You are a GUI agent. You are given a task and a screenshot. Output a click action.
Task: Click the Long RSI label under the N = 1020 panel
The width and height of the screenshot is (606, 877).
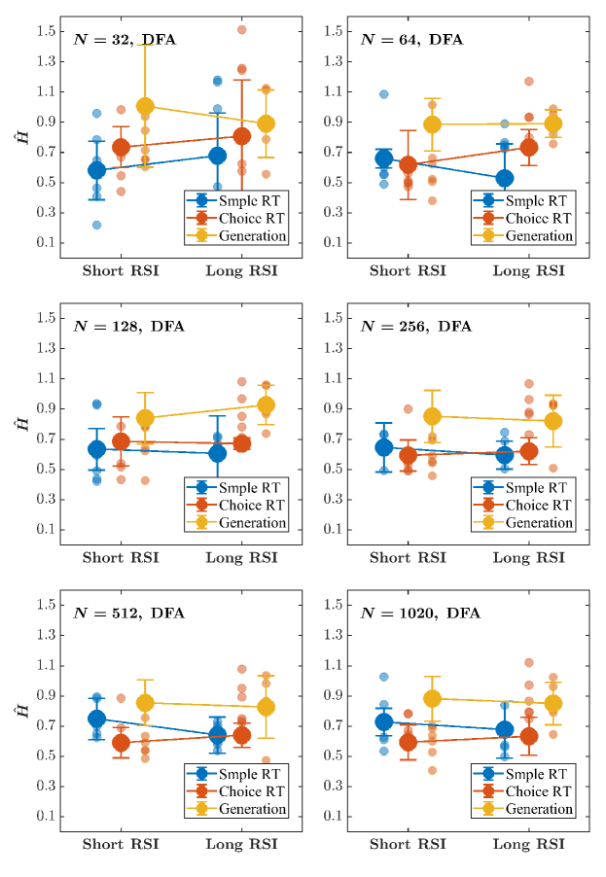[528, 844]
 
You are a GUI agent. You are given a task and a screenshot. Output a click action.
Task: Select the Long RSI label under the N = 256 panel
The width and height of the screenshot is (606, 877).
[528, 558]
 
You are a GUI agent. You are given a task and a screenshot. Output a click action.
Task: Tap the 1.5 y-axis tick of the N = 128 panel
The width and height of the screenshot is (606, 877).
[43, 317]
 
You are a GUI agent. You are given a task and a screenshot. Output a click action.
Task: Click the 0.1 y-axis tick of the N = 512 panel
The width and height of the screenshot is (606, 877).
[43, 816]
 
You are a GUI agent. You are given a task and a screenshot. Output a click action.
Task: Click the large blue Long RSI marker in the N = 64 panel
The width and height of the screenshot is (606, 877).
[505, 178]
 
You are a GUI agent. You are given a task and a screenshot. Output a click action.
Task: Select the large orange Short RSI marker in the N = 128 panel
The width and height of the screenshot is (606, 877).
[121, 441]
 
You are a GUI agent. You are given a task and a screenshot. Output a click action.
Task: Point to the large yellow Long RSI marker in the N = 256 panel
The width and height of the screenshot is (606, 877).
[553, 421]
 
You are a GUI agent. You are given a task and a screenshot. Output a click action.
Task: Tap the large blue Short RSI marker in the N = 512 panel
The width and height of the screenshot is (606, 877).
[96, 719]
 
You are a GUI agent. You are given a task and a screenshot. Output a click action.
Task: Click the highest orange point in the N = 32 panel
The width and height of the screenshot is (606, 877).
[241, 30]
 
